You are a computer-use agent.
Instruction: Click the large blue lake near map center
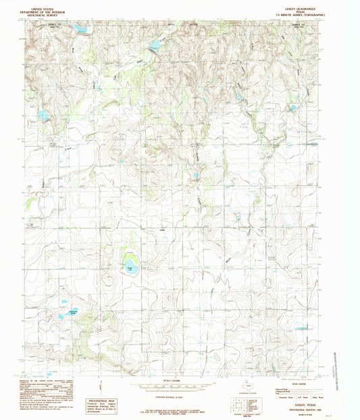click(130, 267)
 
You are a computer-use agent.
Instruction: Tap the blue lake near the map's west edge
click(44, 115)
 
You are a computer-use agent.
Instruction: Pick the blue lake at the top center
click(156, 46)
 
